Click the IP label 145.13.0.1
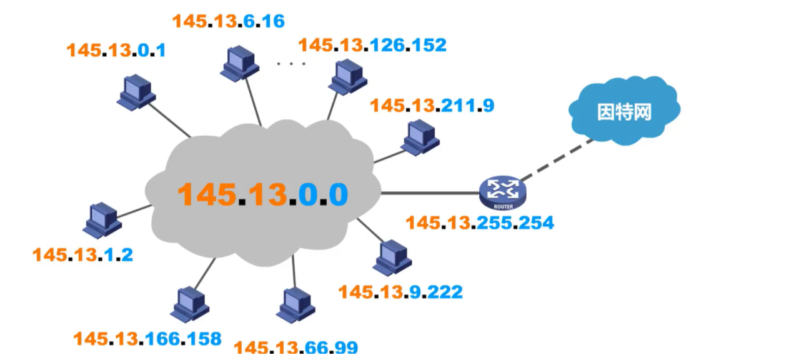[x=116, y=51]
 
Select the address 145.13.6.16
[x=229, y=21]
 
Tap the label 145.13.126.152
[x=372, y=45]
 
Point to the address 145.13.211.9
[x=432, y=105]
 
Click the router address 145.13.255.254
[x=480, y=222]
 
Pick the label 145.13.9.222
[x=400, y=291]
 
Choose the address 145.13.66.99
[x=295, y=347]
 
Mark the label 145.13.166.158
[x=147, y=339]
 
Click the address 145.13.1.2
[x=82, y=254]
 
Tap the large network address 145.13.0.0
[x=262, y=194]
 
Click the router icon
[x=503, y=192]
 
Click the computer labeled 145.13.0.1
[x=136, y=92]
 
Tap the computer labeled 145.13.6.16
[x=239, y=62]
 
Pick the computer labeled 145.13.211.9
[x=420, y=137]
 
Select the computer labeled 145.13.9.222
[x=392, y=257]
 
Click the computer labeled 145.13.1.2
[x=102, y=220]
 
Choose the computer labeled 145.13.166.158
[x=190, y=304]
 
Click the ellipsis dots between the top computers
[x=291, y=63]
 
